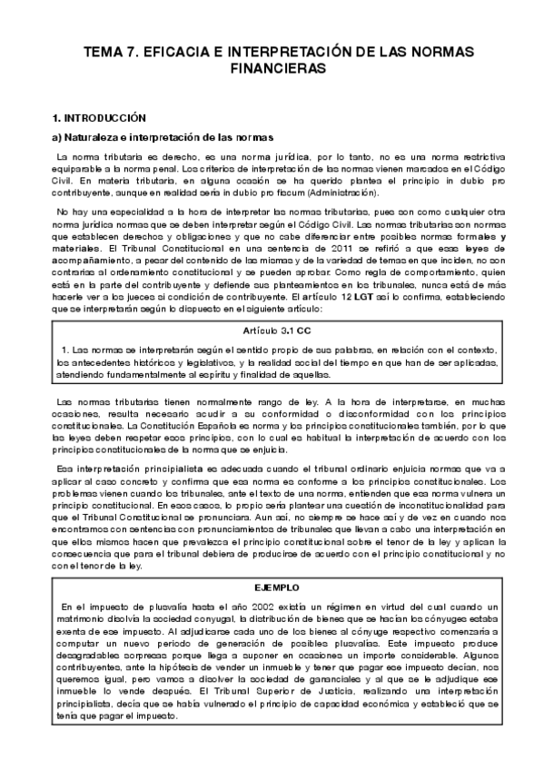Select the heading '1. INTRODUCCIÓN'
[98, 118]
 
